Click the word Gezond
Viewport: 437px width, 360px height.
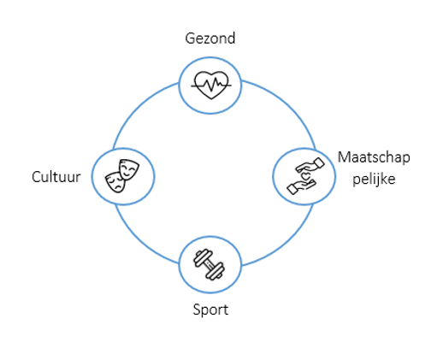click(210, 38)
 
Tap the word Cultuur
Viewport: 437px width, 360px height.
click(56, 177)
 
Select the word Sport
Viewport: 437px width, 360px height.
click(210, 310)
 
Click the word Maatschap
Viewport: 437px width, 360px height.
click(374, 157)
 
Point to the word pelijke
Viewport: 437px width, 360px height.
click(374, 180)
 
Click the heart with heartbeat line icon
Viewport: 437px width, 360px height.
click(211, 85)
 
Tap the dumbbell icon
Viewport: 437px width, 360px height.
click(210, 265)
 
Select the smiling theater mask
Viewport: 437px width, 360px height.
click(129, 169)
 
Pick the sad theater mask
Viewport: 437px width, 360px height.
click(115, 182)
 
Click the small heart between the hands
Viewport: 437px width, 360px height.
click(306, 176)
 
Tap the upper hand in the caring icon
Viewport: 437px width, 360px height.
click(310, 165)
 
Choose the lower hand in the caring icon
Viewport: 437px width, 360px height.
click(301, 186)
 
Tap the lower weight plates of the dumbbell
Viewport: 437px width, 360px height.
click(216, 271)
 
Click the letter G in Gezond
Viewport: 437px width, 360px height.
click(190, 38)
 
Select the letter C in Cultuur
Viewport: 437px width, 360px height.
click(36, 177)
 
